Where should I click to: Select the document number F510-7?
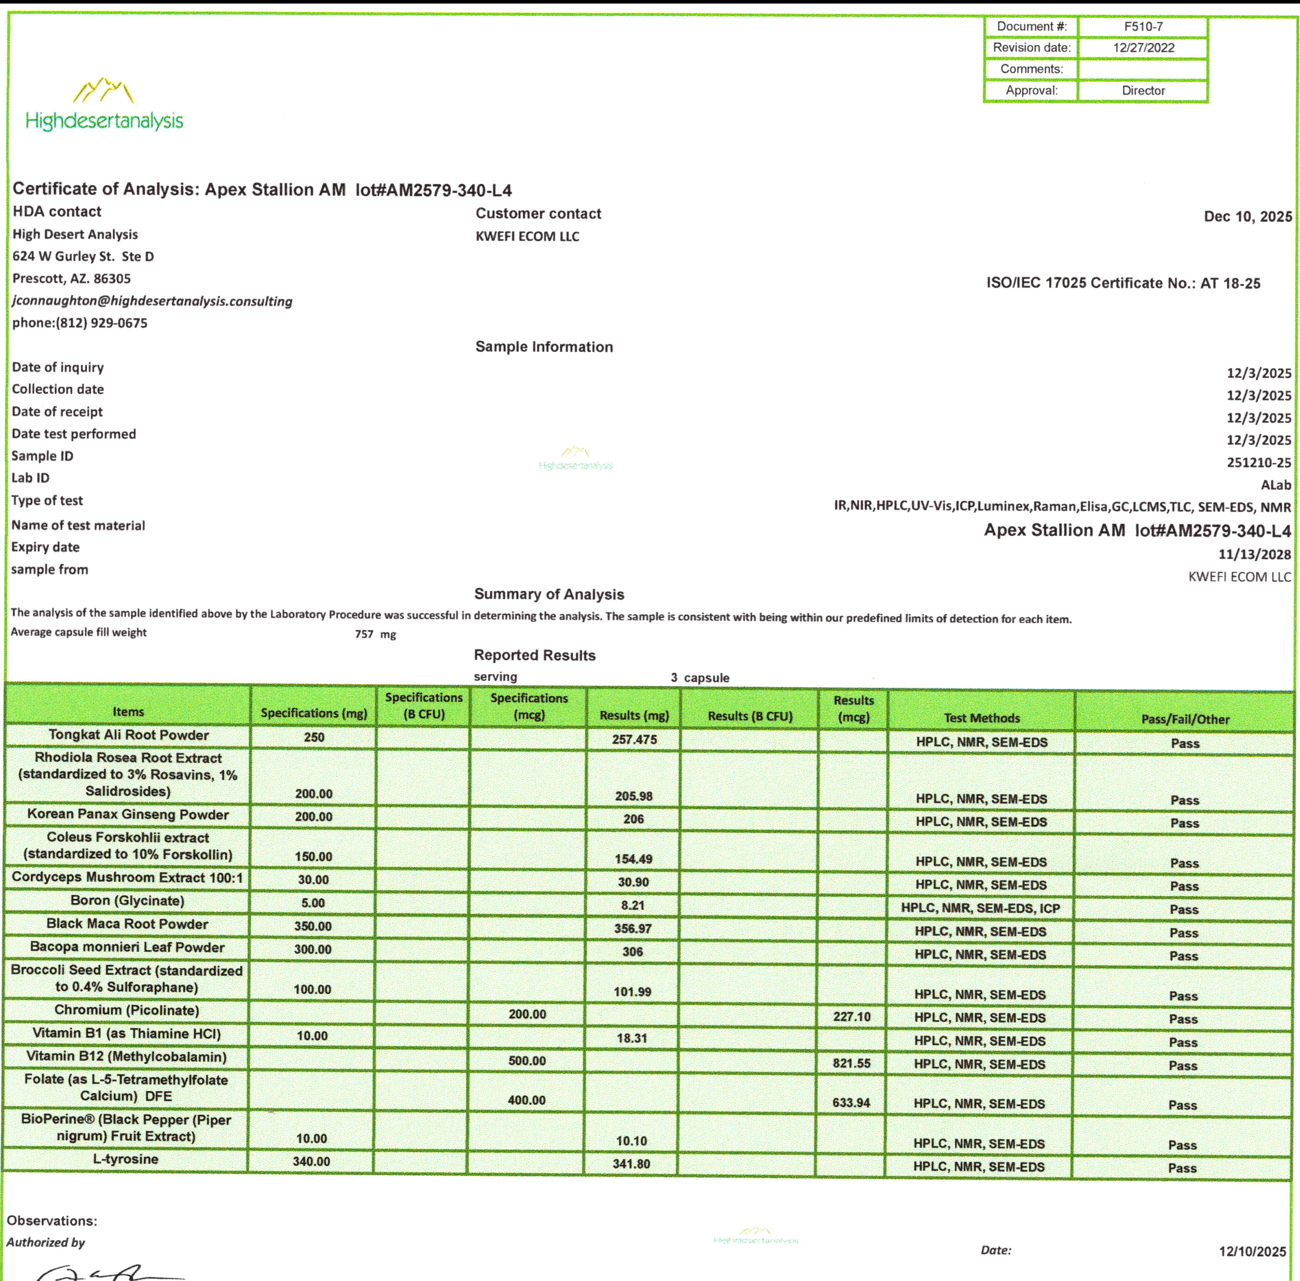tap(1143, 27)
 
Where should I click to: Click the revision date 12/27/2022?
tap(1143, 48)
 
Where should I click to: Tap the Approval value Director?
tap(1143, 90)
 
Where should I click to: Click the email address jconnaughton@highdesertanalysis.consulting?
tap(152, 302)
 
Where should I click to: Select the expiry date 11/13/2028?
tap(1254, 554)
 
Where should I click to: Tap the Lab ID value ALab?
tap(1275, 484)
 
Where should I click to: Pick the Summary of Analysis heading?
tap(549, 594)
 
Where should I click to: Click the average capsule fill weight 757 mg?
tap(375, 635)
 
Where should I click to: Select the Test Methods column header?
tap(981, 718)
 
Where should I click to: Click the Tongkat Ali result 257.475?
tap(634, 739)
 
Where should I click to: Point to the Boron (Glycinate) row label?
tap(127, 901)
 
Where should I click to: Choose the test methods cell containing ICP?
tap(981, 908)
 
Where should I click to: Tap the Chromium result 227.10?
tap(851, 1017)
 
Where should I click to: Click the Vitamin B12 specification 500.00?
tap(527, 1061)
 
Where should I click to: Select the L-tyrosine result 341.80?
tap(631, 1164)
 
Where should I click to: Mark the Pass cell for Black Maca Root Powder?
tap(1183, 933)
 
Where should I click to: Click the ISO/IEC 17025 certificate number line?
tap(1123, 283)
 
